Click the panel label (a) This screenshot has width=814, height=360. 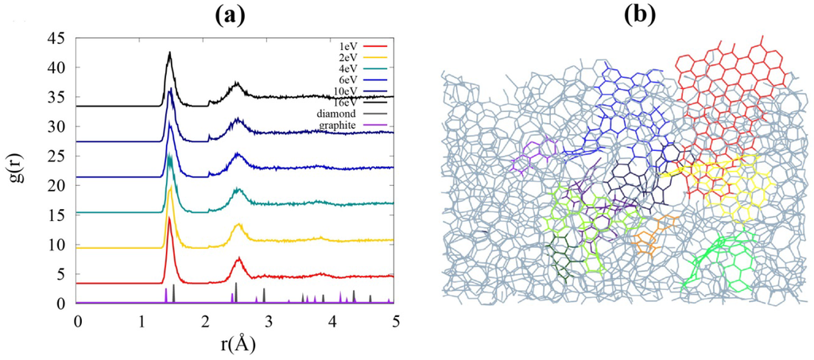236,14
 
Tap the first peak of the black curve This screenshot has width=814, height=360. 169,53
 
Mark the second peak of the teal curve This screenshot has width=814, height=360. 237,189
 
